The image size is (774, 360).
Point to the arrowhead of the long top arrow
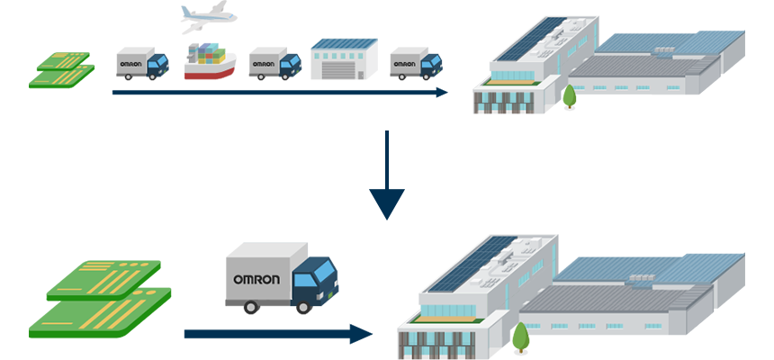tap(441, 92)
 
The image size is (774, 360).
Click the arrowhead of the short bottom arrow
tap(362, 334)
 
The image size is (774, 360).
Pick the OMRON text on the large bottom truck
tap(256, 279)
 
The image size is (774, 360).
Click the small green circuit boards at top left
tap(62, 70)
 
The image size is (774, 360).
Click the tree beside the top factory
tap(569, 95)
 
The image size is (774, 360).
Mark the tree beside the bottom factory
tap(520, 337)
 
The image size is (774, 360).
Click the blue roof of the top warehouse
tap(343, 43)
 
